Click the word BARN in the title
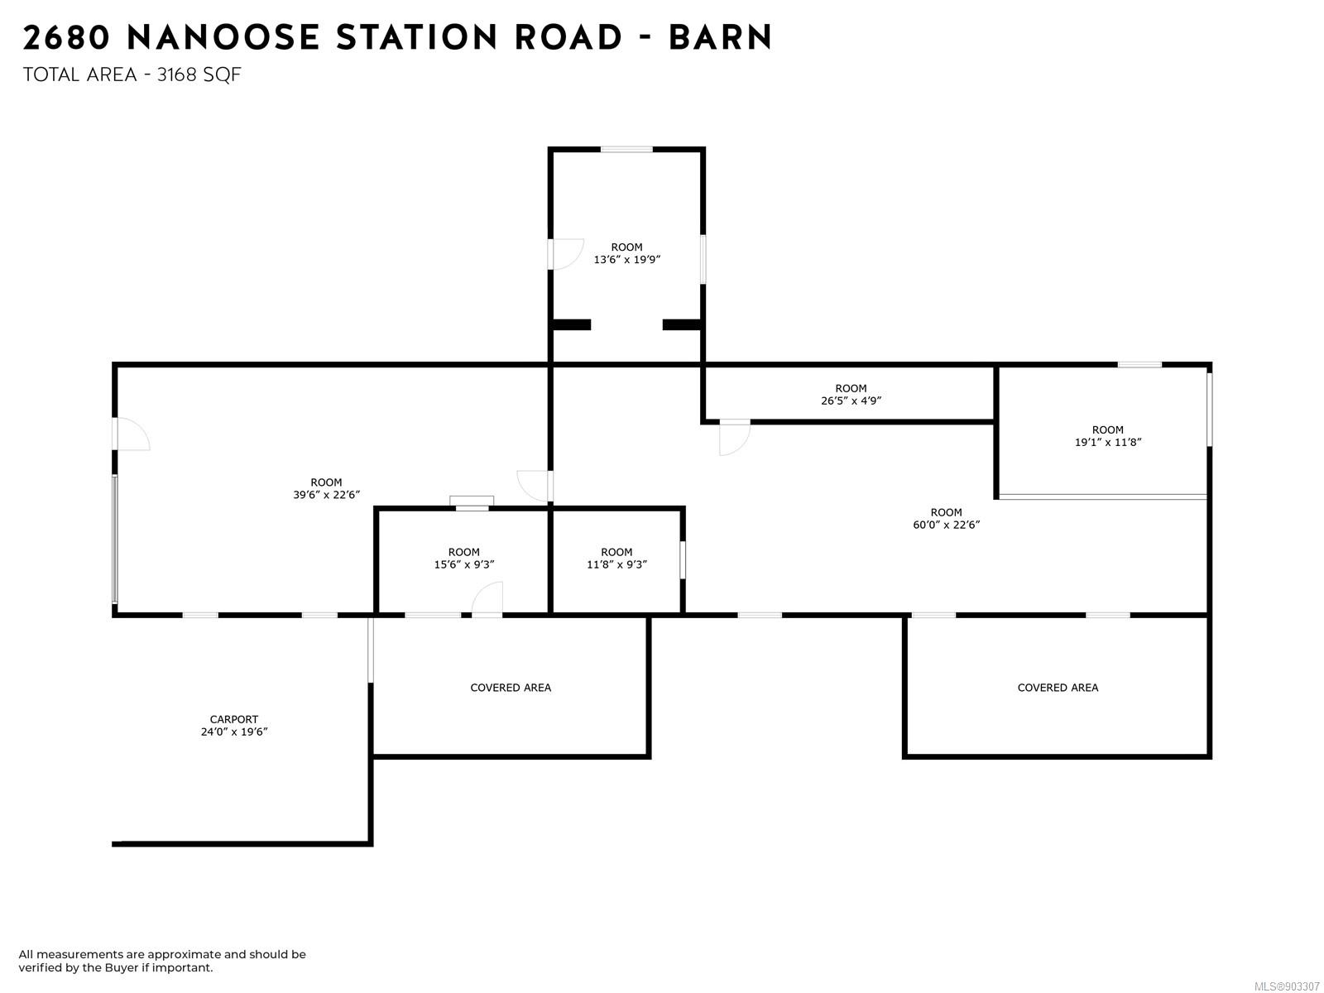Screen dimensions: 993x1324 720,38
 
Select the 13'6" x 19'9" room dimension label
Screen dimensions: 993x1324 626,259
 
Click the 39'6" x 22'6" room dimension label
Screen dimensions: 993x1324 326,495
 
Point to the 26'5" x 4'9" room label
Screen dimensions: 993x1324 851,401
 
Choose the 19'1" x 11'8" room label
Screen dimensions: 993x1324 1108,442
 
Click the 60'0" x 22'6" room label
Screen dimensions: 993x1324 946,525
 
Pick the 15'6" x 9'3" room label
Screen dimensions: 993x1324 463,564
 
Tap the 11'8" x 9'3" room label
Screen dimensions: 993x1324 616,564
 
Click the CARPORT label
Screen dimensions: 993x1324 233,719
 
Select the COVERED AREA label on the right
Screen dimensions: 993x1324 1058,688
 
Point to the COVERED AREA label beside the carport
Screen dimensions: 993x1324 511,688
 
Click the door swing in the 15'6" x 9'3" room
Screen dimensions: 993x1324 488,599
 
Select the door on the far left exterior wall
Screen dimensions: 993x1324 132,434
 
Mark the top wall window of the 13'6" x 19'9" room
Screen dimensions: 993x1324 626,150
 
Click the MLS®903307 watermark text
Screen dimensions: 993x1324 1287,986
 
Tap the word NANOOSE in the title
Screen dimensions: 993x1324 223,38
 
